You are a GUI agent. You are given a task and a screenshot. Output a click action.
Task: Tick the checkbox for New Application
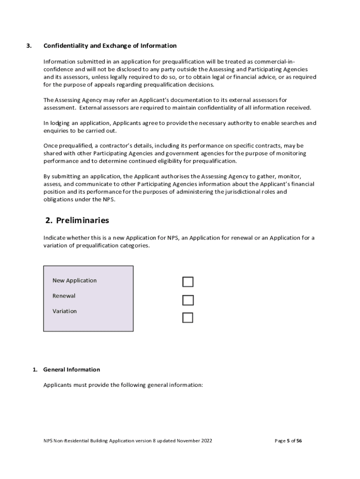pyautogui.click(x=187, y=282)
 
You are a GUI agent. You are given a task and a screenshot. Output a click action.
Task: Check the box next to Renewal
pyautogui.click(x=187, y=300)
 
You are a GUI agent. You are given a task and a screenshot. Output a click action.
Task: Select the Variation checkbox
pyautogui.click(x=187, y=318)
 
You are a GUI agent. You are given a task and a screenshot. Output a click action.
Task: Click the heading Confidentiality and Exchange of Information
pyautogui.click(x=110, y=46)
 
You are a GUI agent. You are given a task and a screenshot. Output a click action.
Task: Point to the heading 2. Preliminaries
pyautogui.click(x=77, y=220)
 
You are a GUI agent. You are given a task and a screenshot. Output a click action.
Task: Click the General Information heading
pyautogui.click(x=72, y=370)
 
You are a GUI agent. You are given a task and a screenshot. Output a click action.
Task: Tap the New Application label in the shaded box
pyautogui.click(x=74, y=281)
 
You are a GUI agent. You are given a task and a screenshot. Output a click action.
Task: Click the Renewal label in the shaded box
pyautogui.click(x=64, y=296)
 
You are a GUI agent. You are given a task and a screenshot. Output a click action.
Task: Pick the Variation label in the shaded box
pyautogui.click(x=65, y=311)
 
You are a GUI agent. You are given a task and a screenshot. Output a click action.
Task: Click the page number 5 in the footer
pyautogui.click(x=288, y=441)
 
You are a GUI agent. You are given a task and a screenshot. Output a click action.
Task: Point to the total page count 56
pyautogui.click(x=299, y=441)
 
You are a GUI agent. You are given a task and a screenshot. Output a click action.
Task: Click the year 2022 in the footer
pyautogui.click(x=206, y=441)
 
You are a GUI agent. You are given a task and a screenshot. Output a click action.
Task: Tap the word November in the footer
pyautogui.click(x=184, y=441)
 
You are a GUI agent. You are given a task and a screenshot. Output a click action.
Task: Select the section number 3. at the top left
pyautogui.click(x=29, y=46)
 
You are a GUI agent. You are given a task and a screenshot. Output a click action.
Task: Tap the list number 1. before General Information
pyautogui.click(x=35, y=370)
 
